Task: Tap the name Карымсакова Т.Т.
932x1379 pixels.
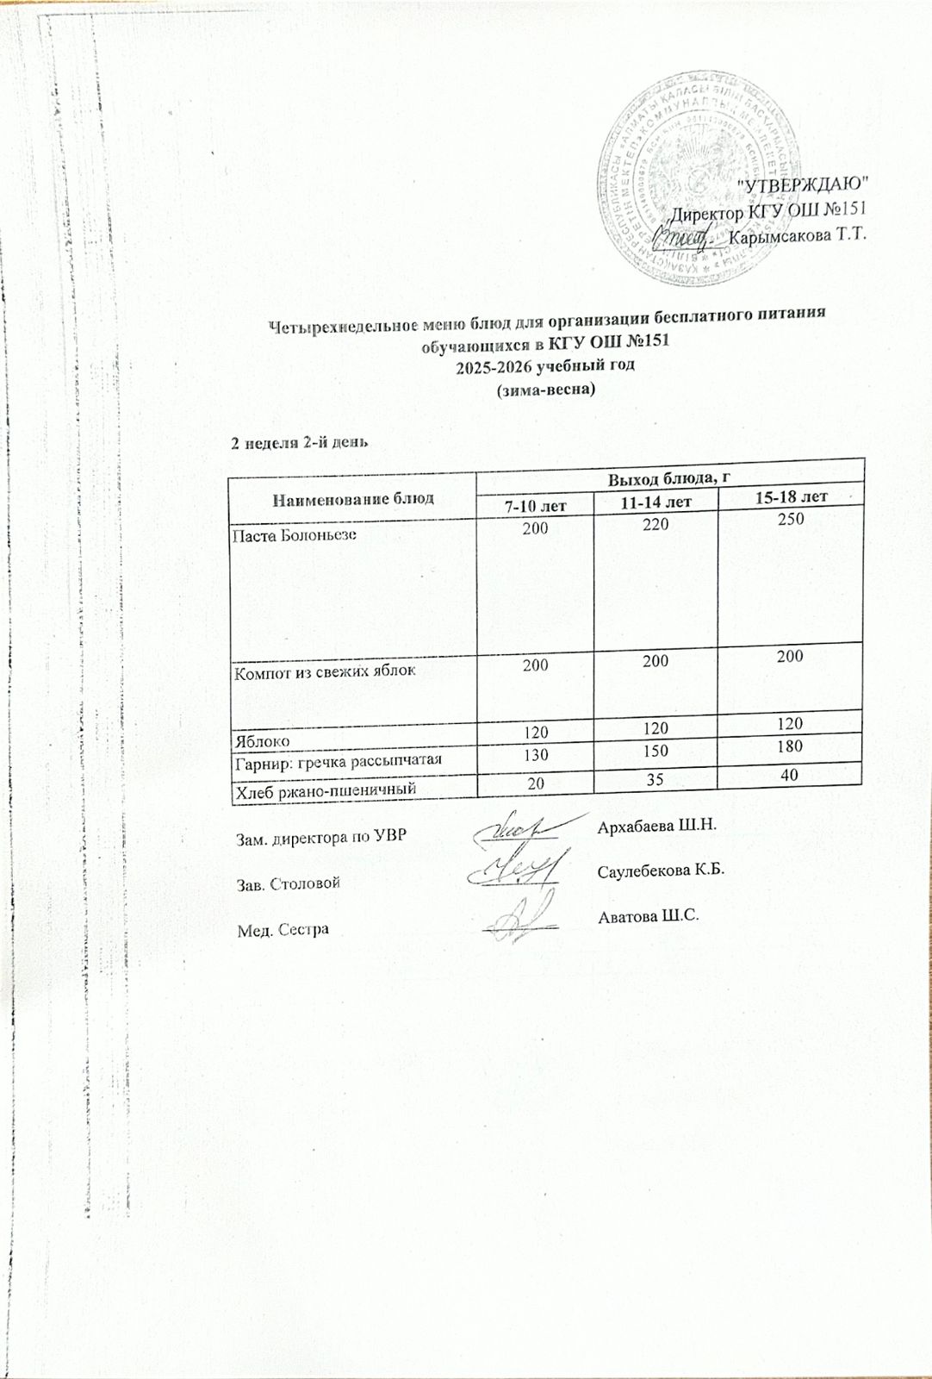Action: (x=796, y=235)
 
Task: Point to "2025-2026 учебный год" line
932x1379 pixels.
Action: (x=544, y=365)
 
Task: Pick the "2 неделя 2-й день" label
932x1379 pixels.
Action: (x=299, y=443)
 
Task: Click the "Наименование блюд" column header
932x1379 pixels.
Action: (x=353, y=497)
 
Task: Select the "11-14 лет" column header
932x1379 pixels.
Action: (x=656, y=501)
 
